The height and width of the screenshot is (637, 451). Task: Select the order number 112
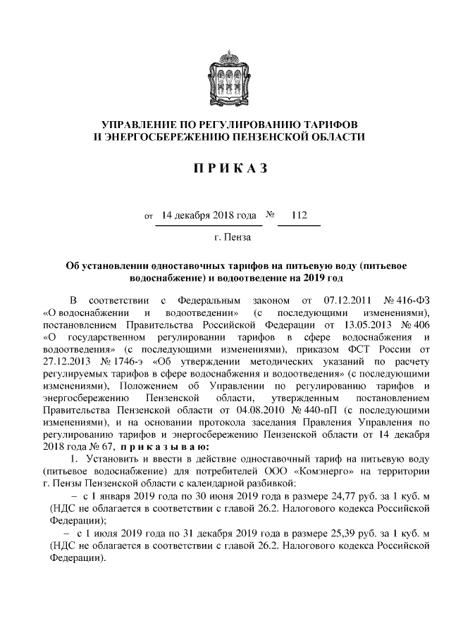(299, 215)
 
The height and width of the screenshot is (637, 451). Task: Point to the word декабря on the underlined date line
(194, 215)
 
